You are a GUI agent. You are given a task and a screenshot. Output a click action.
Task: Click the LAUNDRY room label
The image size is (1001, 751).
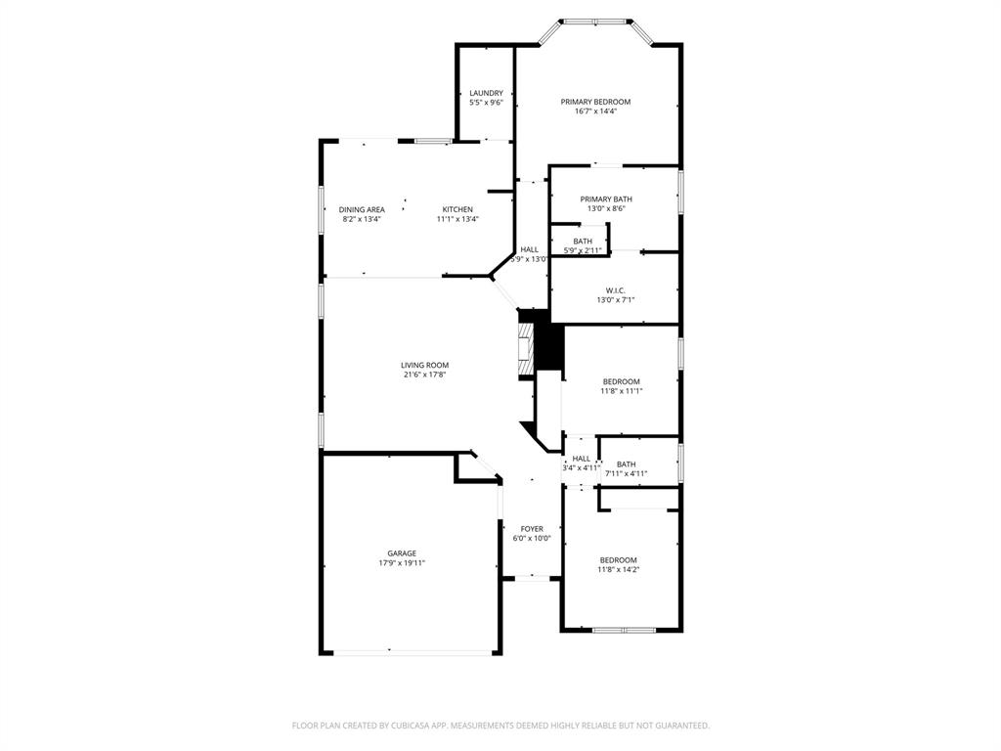coord(486,93)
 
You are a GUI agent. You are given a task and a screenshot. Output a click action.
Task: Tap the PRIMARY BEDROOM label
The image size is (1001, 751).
coord(595,102)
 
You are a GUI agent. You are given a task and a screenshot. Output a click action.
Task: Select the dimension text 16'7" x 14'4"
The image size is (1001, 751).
coord(595,111)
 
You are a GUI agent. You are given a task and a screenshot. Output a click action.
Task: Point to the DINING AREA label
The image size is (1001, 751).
coord(362,209)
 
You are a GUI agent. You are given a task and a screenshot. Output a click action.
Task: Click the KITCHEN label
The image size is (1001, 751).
coord(457,209)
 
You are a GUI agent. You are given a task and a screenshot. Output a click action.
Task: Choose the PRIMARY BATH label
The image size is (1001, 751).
coord(606,199)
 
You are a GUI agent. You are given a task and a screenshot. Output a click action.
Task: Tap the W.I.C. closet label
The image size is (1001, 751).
coord(615,290)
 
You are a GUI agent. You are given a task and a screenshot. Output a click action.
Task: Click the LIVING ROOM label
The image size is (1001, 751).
coord(424,365)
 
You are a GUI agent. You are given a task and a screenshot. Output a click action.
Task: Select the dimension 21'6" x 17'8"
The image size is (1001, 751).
coord(424,375)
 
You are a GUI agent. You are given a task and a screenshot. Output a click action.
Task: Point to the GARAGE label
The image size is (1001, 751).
coord(401,552)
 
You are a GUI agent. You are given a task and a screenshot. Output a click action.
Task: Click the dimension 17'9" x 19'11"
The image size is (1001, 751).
coord(401,563)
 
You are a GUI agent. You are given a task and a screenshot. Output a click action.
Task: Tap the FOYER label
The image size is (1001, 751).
coord(532,529)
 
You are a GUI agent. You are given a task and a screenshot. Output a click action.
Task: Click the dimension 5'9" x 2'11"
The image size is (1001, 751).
coord(582,251)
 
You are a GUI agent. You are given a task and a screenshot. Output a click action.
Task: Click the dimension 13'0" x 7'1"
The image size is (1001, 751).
coord(615,300)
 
